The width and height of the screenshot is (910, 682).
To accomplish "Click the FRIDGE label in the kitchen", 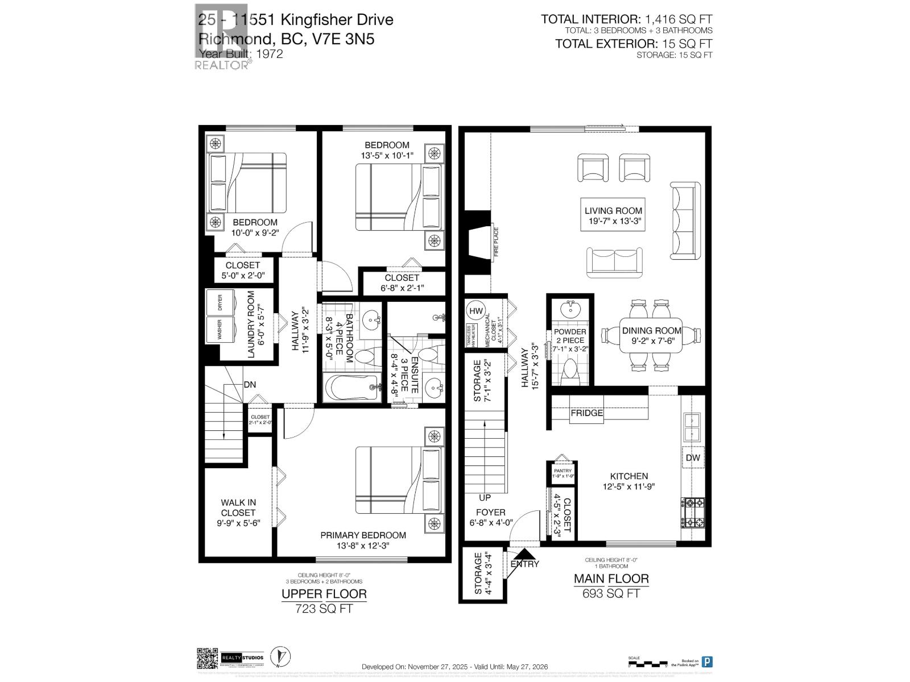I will (x=586, y=413).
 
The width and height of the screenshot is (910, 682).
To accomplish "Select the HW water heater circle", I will (x=476, y=311).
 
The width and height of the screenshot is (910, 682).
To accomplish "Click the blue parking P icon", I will (x=707, y=662).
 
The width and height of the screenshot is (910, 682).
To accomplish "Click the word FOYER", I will (x=490, y=513).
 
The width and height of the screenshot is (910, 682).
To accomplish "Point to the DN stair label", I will (x=250, y=385).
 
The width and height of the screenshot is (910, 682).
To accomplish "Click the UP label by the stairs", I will (x=485, y=498).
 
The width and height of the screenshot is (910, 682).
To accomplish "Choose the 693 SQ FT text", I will (x=611, y=593).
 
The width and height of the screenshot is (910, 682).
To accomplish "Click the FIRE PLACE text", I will (x=496, y=242).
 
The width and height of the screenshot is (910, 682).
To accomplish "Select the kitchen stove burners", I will (x=693, y=513).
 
